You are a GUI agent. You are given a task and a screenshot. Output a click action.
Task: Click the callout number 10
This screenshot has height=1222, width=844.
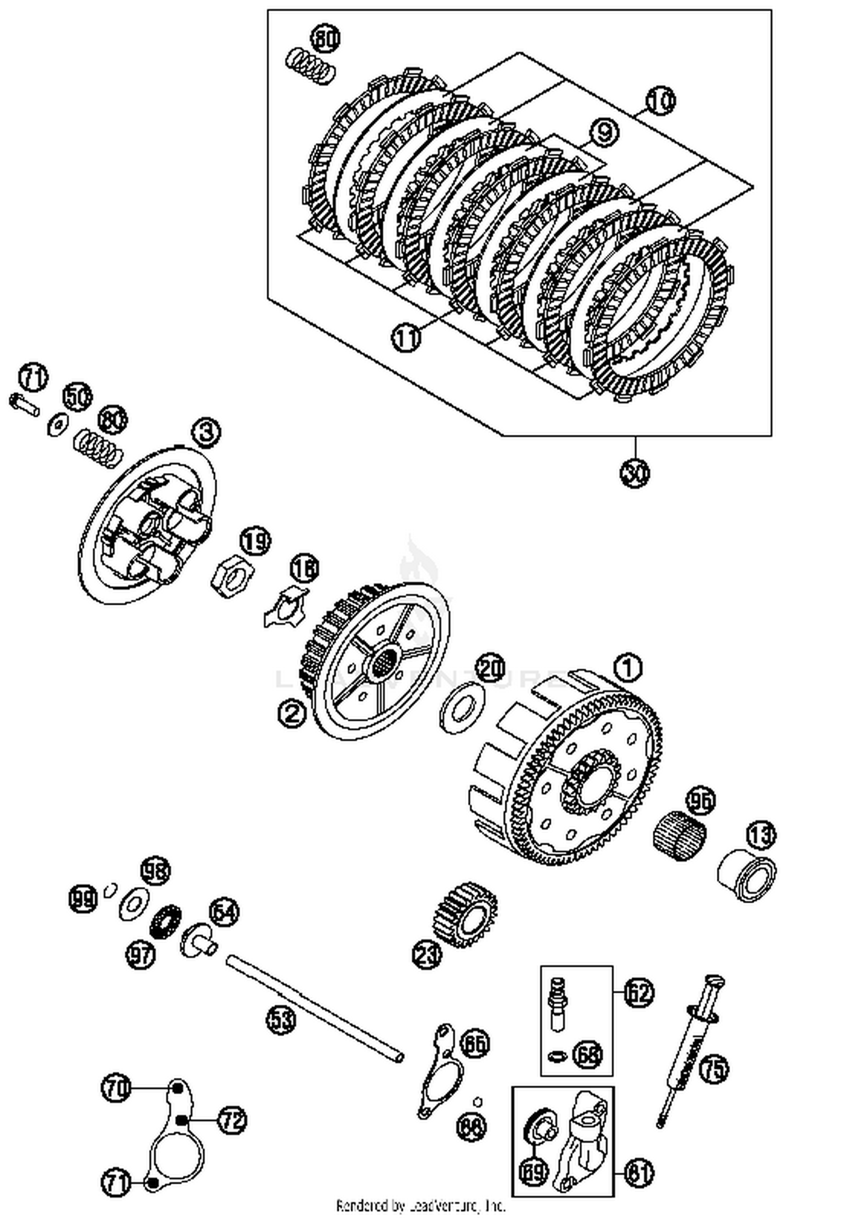pyautogui.click(x=660, y=101)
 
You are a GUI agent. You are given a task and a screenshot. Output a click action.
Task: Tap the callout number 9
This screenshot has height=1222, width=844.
pyautogui.click(x=604, y=133)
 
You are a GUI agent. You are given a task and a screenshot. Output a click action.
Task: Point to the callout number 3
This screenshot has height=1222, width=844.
pyautogui.click(x=205, y=432)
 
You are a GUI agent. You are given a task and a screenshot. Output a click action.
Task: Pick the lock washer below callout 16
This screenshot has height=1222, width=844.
pyautogui.click(x=285, y=609)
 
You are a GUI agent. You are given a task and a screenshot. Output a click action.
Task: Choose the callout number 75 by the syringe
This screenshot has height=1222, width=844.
pyautogui.click(x=713, y=1068)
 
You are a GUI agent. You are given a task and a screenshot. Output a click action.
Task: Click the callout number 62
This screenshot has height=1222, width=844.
pyautogui.click(x=639, y=992)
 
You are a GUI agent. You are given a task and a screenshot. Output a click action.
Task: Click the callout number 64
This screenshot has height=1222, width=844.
pyautogui.click(x=224, y=912)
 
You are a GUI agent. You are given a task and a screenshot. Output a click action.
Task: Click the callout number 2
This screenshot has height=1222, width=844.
pyautogui.click(x=292, y=714)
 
